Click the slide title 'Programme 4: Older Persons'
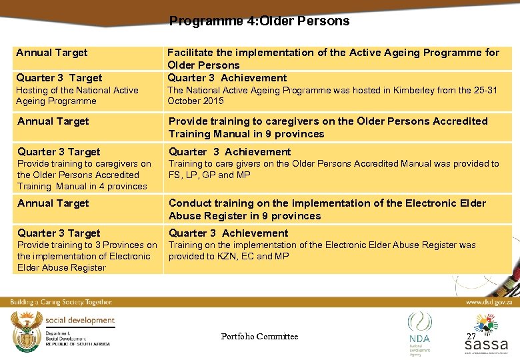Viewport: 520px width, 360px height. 259,21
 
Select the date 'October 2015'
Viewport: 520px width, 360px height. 195,101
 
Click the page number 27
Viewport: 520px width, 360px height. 471,337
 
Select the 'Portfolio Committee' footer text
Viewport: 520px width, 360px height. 259,337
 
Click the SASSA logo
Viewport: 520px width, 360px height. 486,336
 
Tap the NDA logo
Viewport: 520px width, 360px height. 419,331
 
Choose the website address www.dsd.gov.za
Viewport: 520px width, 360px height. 488,302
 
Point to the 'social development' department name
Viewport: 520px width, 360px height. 80,321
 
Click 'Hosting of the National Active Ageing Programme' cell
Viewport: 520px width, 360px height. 77,95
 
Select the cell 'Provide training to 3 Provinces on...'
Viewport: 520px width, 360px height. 87,256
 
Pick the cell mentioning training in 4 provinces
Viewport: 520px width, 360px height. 84,175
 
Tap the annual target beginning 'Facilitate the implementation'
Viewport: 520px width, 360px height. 333,58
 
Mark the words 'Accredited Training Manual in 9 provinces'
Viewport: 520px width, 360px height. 328,127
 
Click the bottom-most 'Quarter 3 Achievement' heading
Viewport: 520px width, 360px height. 228,233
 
